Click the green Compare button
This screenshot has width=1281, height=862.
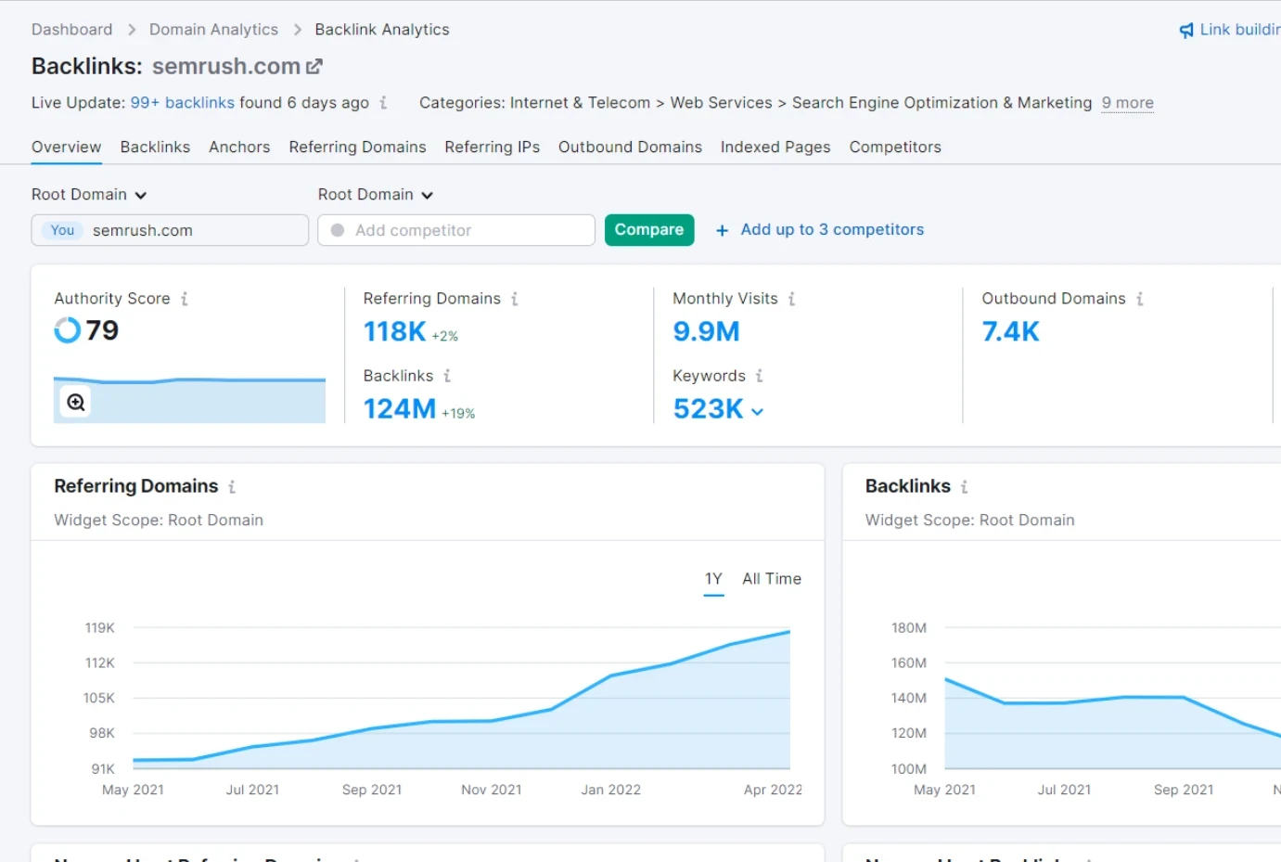pos(648,230)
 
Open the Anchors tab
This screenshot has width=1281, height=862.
pos(239,147)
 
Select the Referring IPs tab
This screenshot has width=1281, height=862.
pos(492,147)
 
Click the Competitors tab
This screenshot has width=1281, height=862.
pos(894,147)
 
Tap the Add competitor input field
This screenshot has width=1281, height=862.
pos(456,230)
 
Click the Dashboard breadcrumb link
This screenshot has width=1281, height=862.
pos(71,30)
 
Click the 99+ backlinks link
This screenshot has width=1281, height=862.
pos(182,103)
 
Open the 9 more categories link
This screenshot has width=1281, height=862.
pos(1127,103)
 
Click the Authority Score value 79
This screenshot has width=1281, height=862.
pos(102,330)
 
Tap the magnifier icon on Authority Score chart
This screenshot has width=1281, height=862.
pos(76,403)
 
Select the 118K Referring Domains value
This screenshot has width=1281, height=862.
pos(394,331)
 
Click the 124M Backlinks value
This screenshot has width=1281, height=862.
pos(399,408)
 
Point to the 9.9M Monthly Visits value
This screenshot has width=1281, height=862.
pos(706,331)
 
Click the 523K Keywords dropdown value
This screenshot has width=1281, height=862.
pos(717,409)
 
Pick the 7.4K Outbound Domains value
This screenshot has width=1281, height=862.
pos(1010,331)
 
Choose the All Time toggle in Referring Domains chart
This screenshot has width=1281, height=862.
pos(771,579)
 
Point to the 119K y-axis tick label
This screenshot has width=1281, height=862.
pos(99,628)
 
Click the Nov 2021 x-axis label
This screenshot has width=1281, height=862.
pos(491,790)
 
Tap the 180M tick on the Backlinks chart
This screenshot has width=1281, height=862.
pos(908,628)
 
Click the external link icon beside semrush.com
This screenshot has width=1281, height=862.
pos(314,66)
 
